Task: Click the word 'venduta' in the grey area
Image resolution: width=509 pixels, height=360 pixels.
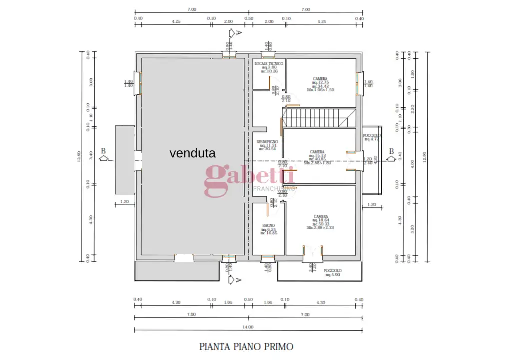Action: [x=192, y=153]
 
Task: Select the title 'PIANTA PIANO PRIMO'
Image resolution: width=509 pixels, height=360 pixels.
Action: [x=246, y=346]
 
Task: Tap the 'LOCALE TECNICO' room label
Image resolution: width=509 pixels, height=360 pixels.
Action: [x=269, y=64]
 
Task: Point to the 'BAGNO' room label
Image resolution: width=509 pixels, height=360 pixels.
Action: [x=269, y=226]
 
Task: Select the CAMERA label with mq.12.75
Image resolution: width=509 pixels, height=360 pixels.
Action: [x=320, y=79]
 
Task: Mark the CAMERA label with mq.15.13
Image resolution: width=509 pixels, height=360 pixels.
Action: [x=317, y=152]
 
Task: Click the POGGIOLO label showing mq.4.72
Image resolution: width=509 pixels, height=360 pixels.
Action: [x=372, y=136]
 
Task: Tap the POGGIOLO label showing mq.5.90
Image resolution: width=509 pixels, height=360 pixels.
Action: [x=332, y=270]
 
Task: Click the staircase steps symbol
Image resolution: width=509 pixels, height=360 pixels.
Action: [x=315, y=119]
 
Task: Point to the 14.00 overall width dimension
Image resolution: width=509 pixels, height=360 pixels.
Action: [x=248, y=327]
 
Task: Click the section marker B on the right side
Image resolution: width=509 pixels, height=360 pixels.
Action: [x=391, y=152]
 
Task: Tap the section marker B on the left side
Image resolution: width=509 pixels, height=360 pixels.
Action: [x=104, y=151]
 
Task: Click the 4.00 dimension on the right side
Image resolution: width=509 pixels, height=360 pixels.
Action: [x=412, y=162]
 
